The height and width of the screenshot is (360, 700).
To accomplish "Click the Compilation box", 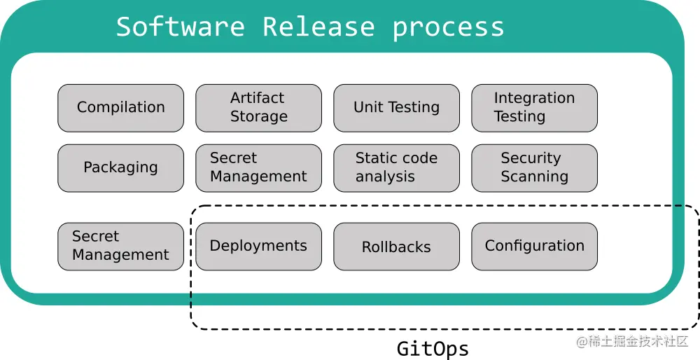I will pos(120,108).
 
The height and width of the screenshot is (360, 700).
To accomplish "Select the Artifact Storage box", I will pos(258,108).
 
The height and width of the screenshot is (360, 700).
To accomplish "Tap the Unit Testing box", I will pos(396,108).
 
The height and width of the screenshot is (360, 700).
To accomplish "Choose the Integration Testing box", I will pos(534,108).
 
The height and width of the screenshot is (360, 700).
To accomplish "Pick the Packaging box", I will pos(120,168).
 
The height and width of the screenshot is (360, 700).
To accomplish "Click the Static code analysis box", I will pos(396,168).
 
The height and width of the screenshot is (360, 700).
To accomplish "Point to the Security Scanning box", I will pos(534,168).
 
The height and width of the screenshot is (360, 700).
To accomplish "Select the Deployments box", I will pos(258,247).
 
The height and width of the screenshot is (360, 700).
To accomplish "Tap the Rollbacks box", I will pos(396,247).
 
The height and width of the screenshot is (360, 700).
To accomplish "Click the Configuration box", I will pos(534,247).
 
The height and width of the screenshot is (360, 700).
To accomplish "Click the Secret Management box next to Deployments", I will pos(120,247).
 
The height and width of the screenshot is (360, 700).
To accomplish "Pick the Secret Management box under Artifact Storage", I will pos(258,168).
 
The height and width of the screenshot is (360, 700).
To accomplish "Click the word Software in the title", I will pos(180,27).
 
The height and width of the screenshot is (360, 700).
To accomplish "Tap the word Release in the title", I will pos(318,27).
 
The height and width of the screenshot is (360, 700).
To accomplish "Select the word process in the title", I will pos(448,27).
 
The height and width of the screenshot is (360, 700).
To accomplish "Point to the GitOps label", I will pos(433,348).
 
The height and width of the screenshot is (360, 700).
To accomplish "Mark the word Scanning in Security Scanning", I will pos(534,177).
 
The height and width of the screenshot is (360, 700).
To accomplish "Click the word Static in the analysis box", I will pos(374,158).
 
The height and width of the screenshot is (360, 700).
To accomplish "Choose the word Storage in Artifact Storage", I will pos(259,117).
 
